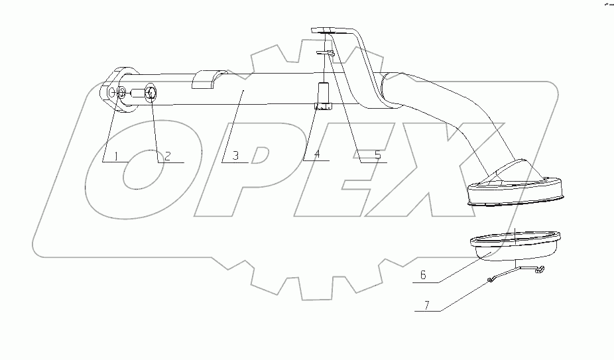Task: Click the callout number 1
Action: [x=115, y=156]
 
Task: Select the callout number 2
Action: [x=168, y=156]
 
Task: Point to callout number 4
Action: [x=317, y=155]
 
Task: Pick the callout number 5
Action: [x=377, y=156]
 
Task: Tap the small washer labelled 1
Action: [x=121, y=94]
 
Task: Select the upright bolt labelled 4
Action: [x=324, y=96]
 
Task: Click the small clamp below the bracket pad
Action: [x=325, y=54]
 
